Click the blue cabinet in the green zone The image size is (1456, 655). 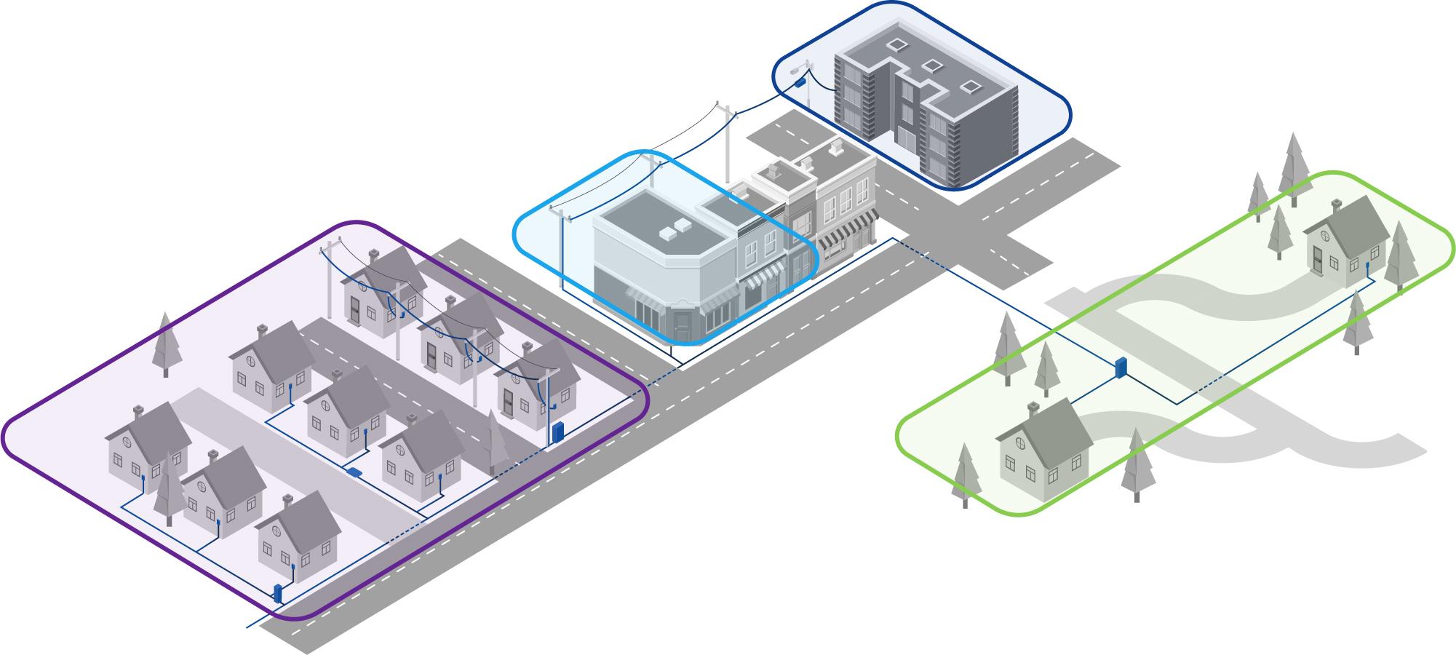point(1121,368)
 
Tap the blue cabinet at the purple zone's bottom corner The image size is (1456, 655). point(277,593)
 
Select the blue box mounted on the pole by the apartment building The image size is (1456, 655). point(800,82)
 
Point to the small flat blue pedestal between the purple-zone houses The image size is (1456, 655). point(355,471)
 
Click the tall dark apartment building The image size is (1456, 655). point(924,102)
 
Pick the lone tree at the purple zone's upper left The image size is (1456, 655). point(166,346)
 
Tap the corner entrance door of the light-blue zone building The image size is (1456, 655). point(682,325)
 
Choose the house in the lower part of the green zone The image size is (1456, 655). point(1044,451)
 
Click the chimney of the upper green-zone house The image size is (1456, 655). point(1336,206)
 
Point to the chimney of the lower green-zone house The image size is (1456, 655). point(1034,410)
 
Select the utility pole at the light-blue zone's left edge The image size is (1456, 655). point(561,251)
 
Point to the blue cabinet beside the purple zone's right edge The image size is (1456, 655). point(558,432)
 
